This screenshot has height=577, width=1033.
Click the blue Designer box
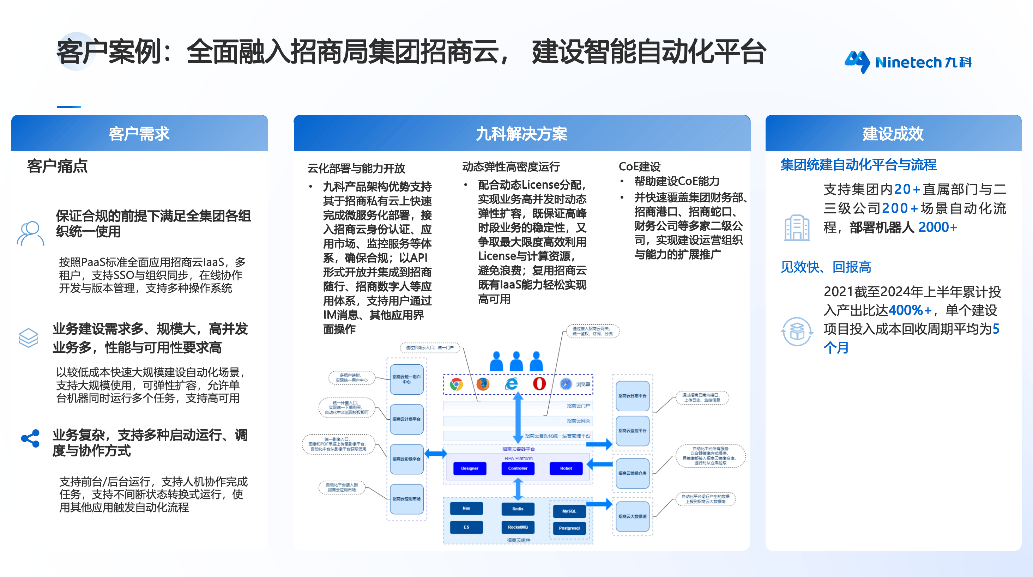[x=469, y=468]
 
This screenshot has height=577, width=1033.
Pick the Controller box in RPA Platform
[x=517, y=468]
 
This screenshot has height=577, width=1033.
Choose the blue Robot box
[x=566, y=468]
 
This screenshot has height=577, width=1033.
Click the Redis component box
[x=517, y=509]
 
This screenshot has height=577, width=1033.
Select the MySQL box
[x=569, y=511]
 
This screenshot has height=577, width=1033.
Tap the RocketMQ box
[x=517, y=527]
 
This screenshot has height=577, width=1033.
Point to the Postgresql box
[x=569, y=528]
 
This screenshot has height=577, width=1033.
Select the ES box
[x=466, y=527]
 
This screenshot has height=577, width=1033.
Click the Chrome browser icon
[x=456, y=384]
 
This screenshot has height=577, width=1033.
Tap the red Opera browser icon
[x=539, y=384]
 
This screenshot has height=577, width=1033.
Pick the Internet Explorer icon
[x=511, y=384]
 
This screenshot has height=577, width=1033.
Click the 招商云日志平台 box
[x=632, y=396]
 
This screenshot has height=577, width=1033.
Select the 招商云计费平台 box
[x=406, y=419]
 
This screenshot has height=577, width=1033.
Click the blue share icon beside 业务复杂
[x=30, y=438]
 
